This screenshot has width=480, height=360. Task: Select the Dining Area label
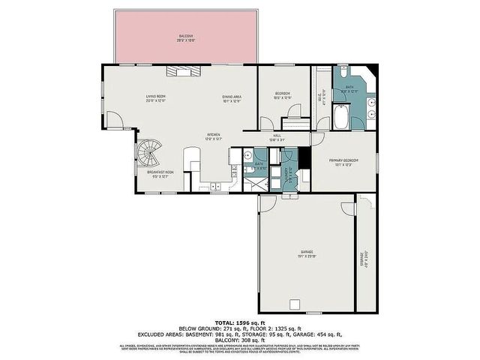point(231,97)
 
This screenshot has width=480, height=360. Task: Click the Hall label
point(276,138)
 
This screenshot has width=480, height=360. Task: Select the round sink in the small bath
point(247,155)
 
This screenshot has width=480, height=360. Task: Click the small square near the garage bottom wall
point(295,304)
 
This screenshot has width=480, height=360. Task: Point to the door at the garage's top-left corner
point(265,203)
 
